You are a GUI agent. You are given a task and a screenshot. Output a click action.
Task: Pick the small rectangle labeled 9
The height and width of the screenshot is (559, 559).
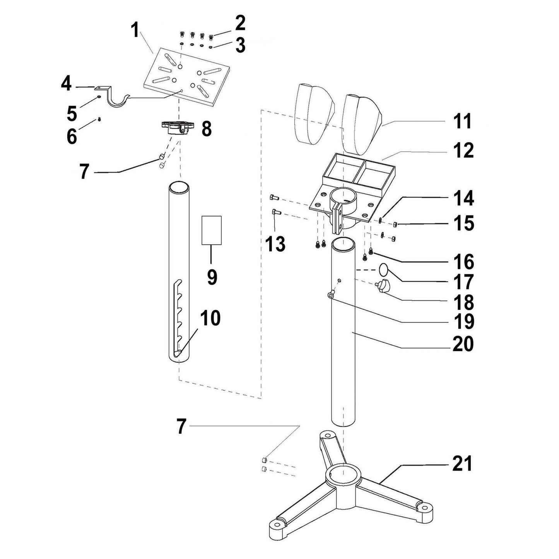[212, 230]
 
